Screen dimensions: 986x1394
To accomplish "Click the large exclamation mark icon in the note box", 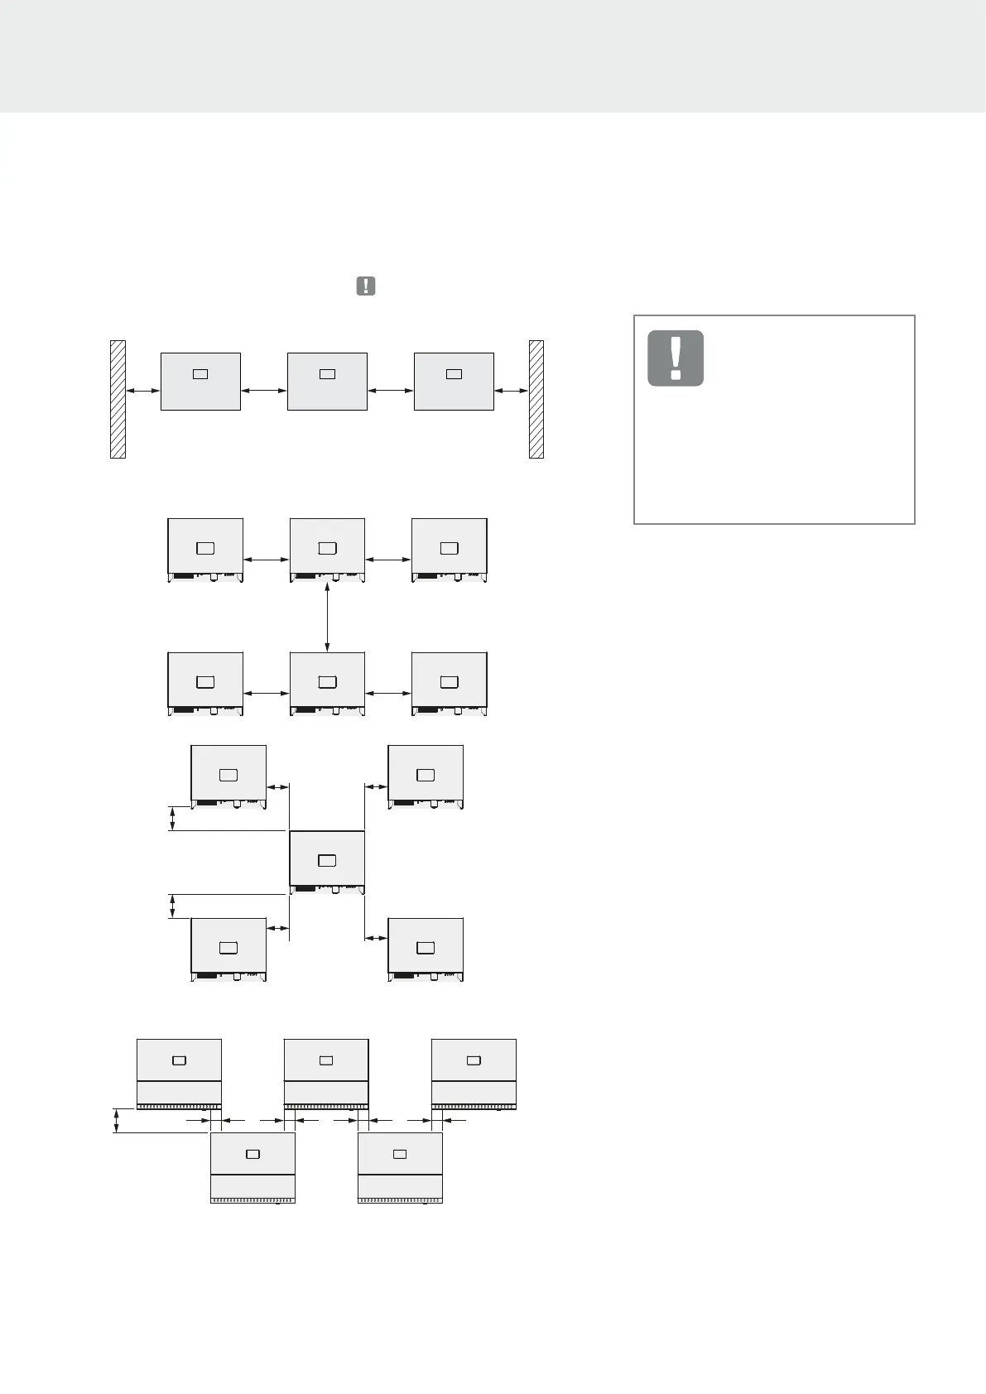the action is pos(676,358).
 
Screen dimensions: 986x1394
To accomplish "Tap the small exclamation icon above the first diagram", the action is pos(365,286).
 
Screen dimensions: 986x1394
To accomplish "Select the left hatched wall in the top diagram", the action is pos(118,399).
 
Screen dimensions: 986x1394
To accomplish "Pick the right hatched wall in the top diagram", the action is pos(536,399).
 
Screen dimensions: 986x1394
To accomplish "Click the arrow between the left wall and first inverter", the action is pos(142,391).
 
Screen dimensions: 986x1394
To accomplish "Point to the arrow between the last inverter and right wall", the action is pos(512,391).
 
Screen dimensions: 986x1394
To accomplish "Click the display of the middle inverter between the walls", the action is pos(327,374).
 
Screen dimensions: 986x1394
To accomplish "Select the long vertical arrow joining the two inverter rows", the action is pos(328,618).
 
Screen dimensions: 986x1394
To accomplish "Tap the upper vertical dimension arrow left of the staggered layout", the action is pos(172,819).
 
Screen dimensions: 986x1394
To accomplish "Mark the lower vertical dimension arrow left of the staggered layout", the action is pos(172,906).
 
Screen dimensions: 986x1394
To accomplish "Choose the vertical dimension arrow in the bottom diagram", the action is pos(117,1121).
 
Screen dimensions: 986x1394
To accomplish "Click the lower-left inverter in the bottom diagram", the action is pos(253,1167).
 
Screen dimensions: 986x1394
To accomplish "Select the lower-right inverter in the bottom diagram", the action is pos(400,1167).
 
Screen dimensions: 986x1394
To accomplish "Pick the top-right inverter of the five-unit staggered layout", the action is pos(426,776).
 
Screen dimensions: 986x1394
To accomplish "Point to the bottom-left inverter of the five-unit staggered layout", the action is pos(228,949).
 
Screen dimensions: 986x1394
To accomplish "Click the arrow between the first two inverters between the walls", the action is pos(263,391).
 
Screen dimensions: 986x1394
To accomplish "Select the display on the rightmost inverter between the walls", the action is pos(454,374).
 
